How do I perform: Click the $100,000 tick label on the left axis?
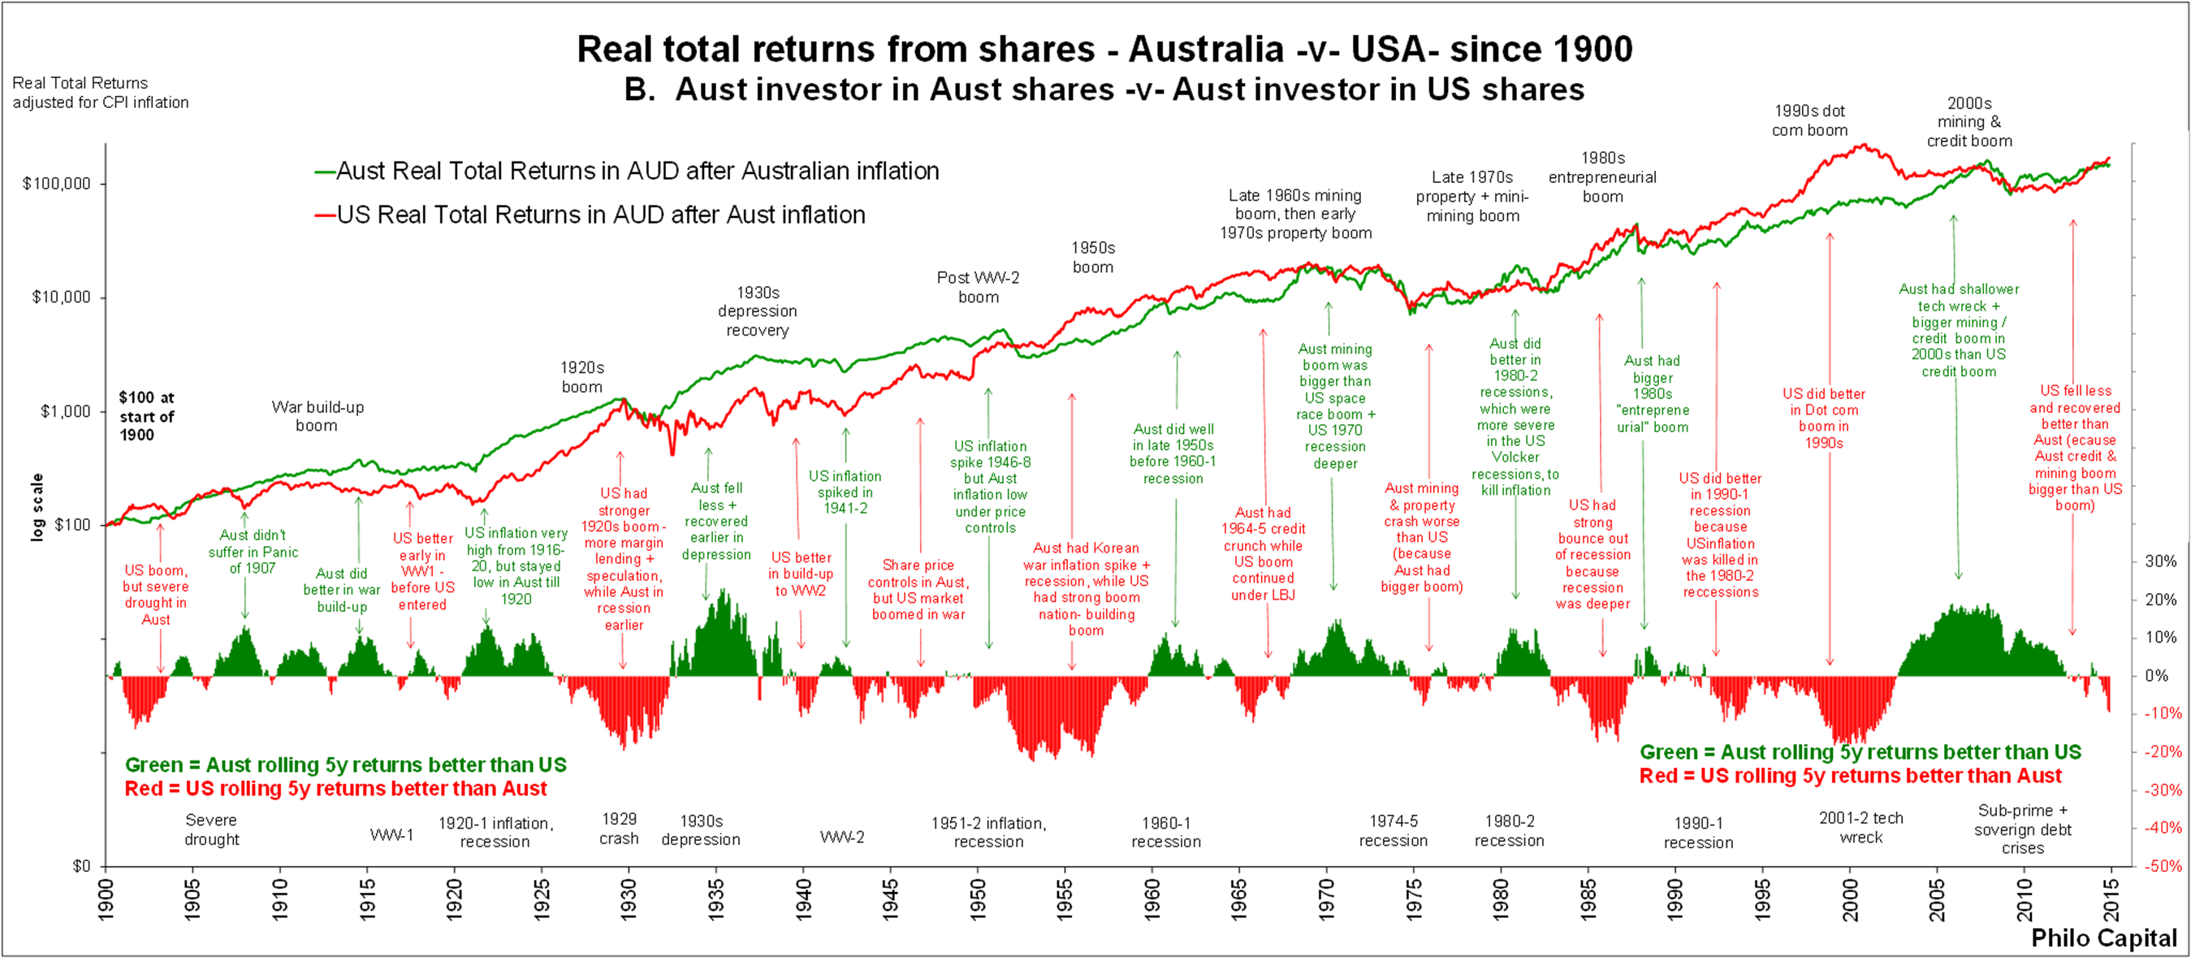(56, 184)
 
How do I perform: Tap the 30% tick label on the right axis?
(2161, 561)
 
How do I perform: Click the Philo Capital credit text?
(2103, 938)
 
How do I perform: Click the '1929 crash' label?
(619, 829)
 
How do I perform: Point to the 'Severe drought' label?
(212, 830)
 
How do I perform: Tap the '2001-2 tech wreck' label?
(1861, 828)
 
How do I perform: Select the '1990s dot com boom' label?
(1810, 121)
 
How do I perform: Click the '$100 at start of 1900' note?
(146, 416)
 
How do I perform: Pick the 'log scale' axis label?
(37, 507)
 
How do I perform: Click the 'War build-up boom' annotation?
(318, 416)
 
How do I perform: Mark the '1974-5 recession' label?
(1394, 830)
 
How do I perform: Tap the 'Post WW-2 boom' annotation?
(978, 288)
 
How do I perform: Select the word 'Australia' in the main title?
(1206, 49)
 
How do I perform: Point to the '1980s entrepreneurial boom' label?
(1602, 177)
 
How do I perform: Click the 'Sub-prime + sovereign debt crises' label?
(2023, 830)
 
